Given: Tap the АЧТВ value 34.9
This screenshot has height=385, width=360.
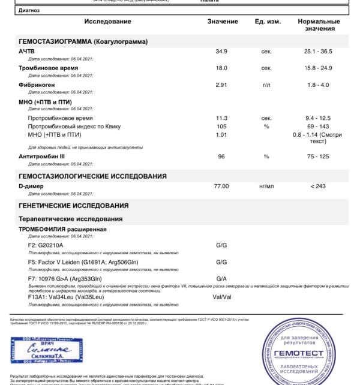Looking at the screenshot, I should (x=221, y=52).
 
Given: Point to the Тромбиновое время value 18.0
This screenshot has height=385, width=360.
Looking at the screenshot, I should (x=221, y=68).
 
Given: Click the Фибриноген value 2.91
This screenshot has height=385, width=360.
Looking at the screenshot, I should (x=221, y=85).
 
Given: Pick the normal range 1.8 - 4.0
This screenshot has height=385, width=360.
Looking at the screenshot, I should (x=317, y=85).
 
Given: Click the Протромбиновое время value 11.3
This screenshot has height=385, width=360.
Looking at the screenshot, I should (x=221, y=118).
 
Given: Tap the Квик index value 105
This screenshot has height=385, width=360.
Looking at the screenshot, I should (x=221, y=126).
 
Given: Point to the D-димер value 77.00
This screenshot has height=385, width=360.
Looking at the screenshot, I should (x=221, y=187).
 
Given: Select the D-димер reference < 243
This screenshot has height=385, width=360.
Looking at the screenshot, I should (x=318, y=187).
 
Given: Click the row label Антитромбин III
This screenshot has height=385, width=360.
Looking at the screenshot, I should (x=43, y=156).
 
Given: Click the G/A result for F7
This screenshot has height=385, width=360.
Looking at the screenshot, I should (x=221, y=278).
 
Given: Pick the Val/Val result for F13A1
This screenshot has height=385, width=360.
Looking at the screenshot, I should (x=221, y=296).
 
